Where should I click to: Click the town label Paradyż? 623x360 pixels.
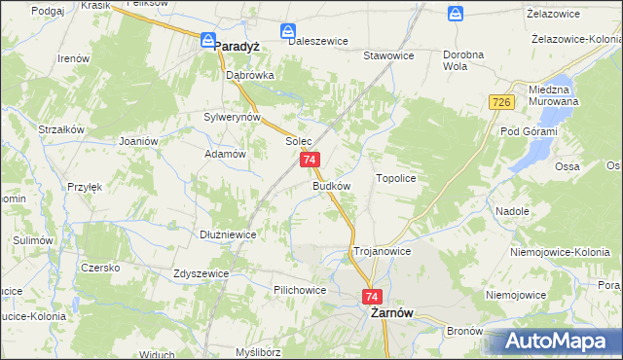238,46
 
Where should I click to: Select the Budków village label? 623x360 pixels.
331,185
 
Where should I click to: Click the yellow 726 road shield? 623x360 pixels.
501,102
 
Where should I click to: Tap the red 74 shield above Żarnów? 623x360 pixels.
371,295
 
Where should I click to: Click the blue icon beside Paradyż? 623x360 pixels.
207,40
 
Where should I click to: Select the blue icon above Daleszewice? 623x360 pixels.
289,32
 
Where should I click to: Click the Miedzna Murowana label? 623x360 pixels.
553,94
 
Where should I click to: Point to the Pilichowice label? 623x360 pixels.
300,290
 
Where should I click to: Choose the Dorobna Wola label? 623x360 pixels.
462,61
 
